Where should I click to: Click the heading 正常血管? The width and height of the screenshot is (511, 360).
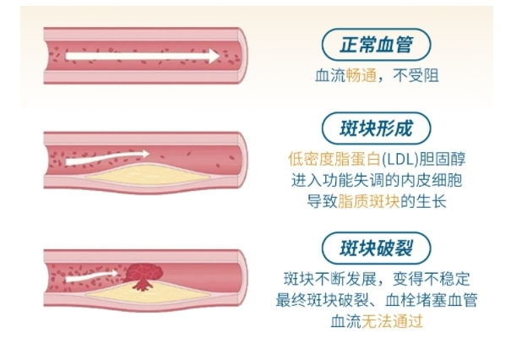pyautogui.click(x=377, y=45)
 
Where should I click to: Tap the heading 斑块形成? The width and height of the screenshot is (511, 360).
pyautogui.click(x=377, y=128)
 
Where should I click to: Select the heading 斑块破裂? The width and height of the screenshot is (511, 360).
pyautogui.click(x=377, y=248)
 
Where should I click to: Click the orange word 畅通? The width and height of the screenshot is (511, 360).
pyautogui.click(x=362, y=75)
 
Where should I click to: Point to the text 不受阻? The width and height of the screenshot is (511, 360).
pyautogui.click(x=416, y=75)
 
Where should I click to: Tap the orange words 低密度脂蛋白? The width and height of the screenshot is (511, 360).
pyautogui.click(x=334, y=159)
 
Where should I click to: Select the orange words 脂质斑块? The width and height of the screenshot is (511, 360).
pyautogui.click(x=368, y=201)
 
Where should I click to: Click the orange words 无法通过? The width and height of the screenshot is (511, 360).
pyautogui.click(x=392, y=321)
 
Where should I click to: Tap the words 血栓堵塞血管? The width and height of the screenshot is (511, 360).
pyautogui.click(x=431, y=300)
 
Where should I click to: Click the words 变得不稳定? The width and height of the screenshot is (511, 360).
pyautogui.click(x=431, y=279)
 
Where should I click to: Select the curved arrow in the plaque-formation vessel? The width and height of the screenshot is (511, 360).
pyautogui.click(x=107, y=157)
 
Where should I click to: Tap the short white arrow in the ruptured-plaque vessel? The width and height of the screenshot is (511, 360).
pyautogui.click(x=92, y=276)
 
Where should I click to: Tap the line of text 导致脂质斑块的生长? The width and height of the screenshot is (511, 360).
pyautogui.click(x=377, y=201)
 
